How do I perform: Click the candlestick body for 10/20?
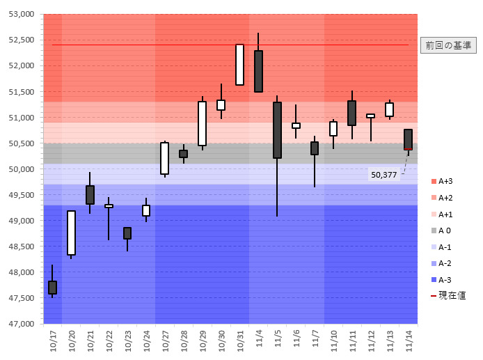point(71,233)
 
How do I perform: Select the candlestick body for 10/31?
point(239,65)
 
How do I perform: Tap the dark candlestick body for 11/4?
point(258,71)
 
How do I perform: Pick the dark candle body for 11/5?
point(277,130)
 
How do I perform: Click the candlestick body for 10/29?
point(202,123)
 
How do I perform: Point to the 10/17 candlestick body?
point(52,287)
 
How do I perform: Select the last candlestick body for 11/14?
point(408,139)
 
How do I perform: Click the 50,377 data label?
point(384,175)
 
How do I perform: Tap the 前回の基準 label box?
point(448,45)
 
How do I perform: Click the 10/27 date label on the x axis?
point(165,339)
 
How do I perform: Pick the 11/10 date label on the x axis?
point(333,339)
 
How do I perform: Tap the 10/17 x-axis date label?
point(52,339)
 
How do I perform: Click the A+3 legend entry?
point(446,181)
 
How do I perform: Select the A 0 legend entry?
point(446,230)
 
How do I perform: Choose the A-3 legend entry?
point(446,279)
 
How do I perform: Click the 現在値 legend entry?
point(450,295)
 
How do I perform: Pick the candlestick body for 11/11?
point(351,113)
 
